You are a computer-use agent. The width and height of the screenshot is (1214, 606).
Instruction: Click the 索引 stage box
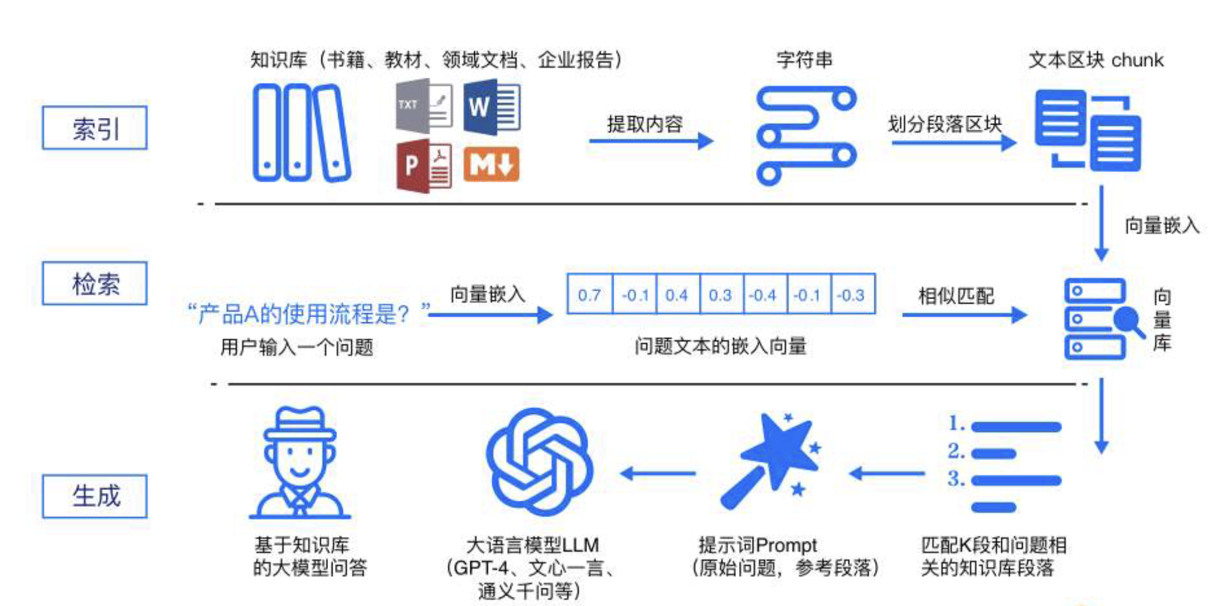coord(95,128)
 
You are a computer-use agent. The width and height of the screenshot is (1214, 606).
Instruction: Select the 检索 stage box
coord(95,283)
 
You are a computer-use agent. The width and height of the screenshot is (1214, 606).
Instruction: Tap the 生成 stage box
coord(95,496)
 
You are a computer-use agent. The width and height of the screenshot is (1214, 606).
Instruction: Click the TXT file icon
coord(423,106)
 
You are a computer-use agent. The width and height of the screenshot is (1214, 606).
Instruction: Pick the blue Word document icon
coord(492,106)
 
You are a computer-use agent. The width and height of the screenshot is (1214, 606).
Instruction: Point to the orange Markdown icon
coord(491,164)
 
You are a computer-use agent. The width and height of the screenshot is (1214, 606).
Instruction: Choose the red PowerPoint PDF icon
coord(423,165)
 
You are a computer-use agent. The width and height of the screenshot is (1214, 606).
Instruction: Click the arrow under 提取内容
coord(651,141)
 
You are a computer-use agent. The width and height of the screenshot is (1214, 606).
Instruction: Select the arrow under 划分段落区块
coord(953,142)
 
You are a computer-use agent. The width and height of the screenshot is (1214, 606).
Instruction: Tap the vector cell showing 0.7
coord(589,295)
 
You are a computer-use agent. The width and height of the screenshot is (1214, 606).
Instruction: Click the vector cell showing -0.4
coord(764,295)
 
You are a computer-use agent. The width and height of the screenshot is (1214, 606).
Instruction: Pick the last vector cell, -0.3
coord(852,295)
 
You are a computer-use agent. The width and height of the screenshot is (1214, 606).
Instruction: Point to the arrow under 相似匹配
coord(963,315)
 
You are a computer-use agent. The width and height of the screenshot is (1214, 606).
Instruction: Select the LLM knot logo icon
coord(539,462)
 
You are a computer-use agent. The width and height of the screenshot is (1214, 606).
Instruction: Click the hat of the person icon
coord(300,424)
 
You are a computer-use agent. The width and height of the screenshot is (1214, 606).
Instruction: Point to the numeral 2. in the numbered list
coord(956,451)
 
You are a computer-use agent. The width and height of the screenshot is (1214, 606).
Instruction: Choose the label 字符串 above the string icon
coord(804,60)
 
